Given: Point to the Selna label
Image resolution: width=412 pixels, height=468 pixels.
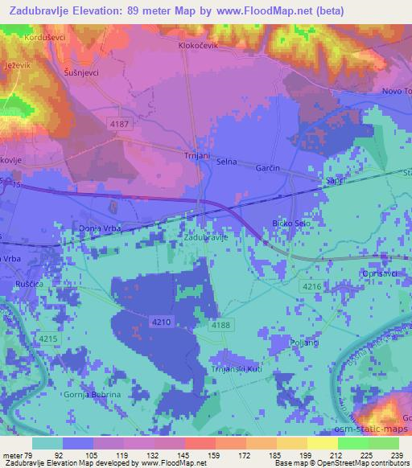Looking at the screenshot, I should (226, 162).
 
